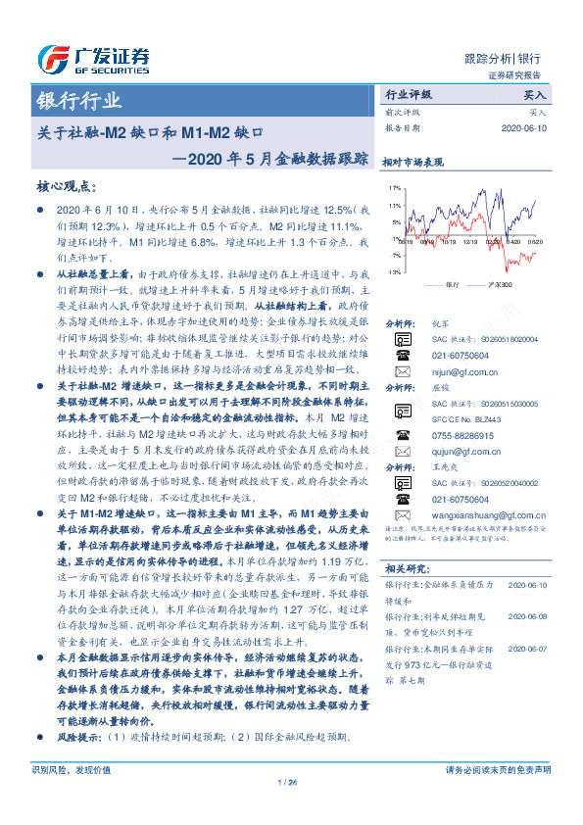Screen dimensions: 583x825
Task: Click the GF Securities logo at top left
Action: [x=92, y=58]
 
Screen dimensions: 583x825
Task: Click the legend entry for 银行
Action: [x=447, y=284]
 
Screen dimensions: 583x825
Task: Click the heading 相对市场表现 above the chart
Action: [x=413, y=163]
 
